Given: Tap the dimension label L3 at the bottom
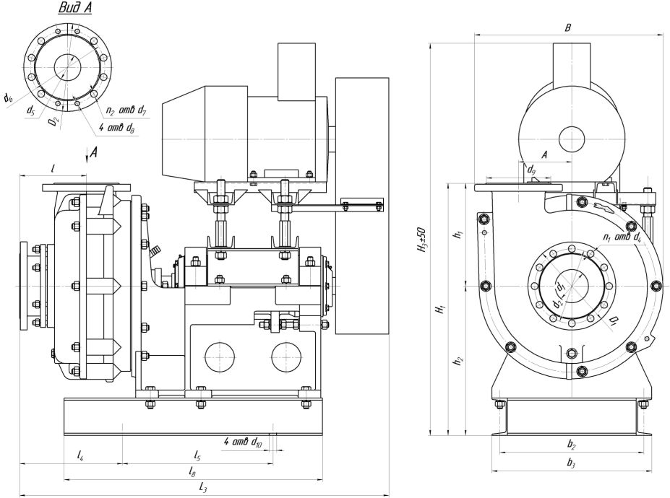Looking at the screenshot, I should tap(204, 489).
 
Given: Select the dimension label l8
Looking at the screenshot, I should tap(192, 472).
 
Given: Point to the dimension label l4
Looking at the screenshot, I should tap(81, 455).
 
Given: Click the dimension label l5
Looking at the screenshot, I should tap(197, 455).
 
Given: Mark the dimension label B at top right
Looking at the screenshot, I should tap(568, 28).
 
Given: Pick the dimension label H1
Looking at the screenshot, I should tap(439, 310).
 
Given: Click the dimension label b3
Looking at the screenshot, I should tap(571, 463).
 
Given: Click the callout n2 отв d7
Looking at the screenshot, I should tap(126, 111).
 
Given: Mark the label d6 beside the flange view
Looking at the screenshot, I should tap(7, 97).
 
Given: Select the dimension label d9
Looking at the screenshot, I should tap(531, 170).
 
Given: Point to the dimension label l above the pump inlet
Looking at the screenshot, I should tap(53, 167).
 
